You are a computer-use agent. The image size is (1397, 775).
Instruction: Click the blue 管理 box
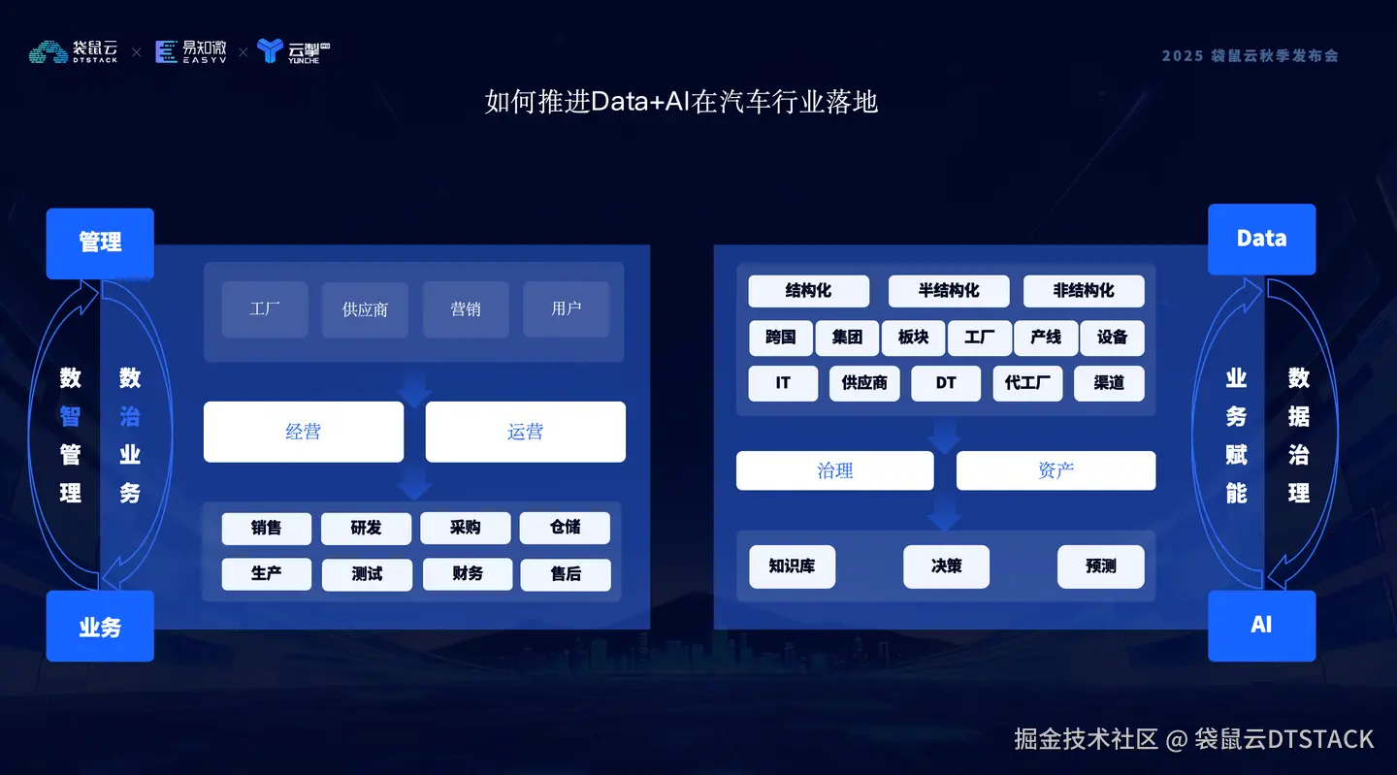(100, 242)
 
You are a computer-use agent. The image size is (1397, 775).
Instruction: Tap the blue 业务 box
(100, 627)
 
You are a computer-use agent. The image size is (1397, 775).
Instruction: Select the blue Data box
(1261, 239)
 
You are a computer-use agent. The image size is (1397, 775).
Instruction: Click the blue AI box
(1261, 626)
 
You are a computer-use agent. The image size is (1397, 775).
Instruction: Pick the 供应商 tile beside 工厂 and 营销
(365, 309)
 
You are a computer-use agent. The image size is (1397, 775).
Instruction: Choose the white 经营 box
(303, 432)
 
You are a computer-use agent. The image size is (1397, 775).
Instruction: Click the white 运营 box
(525, 432)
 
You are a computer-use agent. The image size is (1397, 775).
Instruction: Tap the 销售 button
(266, 528)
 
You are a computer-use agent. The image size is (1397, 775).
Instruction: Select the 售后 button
(566, 574)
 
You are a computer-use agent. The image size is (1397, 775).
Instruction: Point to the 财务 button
(467, 574)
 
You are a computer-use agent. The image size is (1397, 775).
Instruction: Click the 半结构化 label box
(949, 291)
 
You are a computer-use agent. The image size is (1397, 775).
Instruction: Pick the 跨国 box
(780, 338)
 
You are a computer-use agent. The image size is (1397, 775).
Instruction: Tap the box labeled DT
(946, 383)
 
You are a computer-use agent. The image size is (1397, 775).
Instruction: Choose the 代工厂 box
(1027, 383)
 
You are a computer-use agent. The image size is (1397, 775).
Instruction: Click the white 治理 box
(834, 470)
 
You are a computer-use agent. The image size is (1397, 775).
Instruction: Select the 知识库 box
(792, 566)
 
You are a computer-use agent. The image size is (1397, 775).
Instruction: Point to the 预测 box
(1100, 566)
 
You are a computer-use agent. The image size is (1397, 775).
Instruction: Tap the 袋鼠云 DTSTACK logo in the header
(74, 51)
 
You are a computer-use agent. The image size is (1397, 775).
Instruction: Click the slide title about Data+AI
(681, 102)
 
